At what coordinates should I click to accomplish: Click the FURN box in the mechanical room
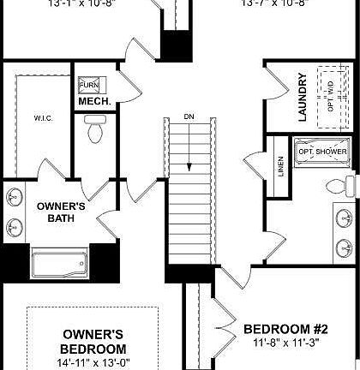coord(88,86)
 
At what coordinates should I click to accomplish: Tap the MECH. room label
coord(92,102)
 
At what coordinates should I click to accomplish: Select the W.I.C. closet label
coord(44,118)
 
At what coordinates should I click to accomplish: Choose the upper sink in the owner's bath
coord(15,195)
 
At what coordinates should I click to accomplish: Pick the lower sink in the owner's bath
coord(15,226)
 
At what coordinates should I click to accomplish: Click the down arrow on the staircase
coord(189,146)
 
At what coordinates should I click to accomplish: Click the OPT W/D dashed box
coord(330,86)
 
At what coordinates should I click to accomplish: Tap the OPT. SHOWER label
coord(322,152)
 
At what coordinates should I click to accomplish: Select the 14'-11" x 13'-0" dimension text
coord(93,363)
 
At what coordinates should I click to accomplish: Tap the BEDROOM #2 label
coord(286,329)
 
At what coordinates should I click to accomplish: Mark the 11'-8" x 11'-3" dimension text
coord(286,343)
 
